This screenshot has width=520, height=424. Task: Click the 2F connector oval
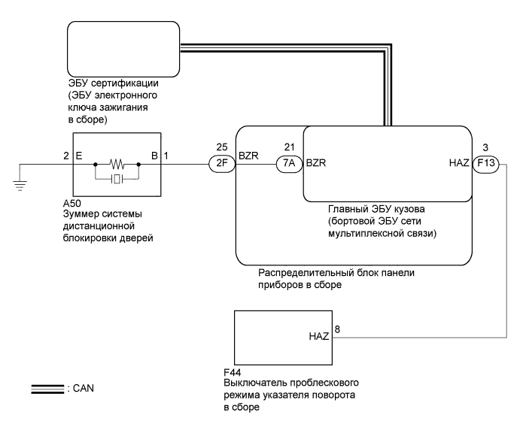point(220,162)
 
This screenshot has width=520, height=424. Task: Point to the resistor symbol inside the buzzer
point(117,162)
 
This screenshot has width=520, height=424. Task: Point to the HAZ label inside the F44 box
point(319,336)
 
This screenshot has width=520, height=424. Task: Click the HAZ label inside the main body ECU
point(457,162)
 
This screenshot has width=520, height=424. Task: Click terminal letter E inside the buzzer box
point(78,156)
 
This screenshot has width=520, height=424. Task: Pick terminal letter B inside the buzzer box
point(154,156)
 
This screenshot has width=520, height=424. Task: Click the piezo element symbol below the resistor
point(117,178)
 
